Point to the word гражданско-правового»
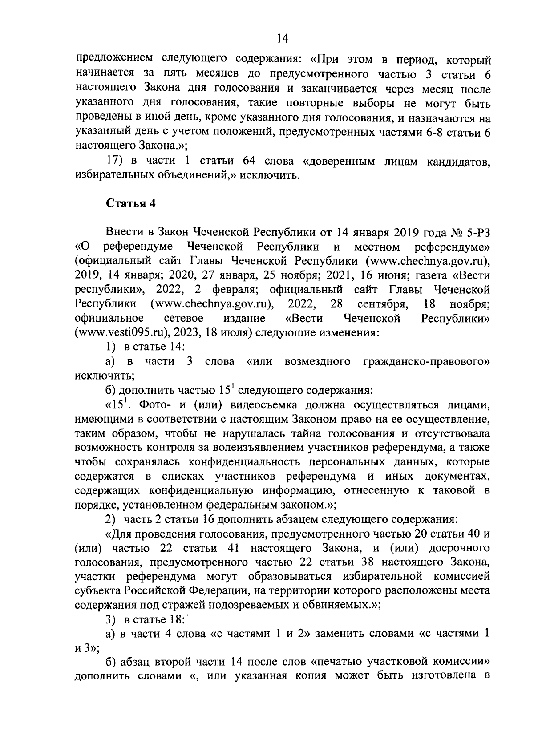point(426,361)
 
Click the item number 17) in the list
point(116,161)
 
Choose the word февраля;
point(233,289)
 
